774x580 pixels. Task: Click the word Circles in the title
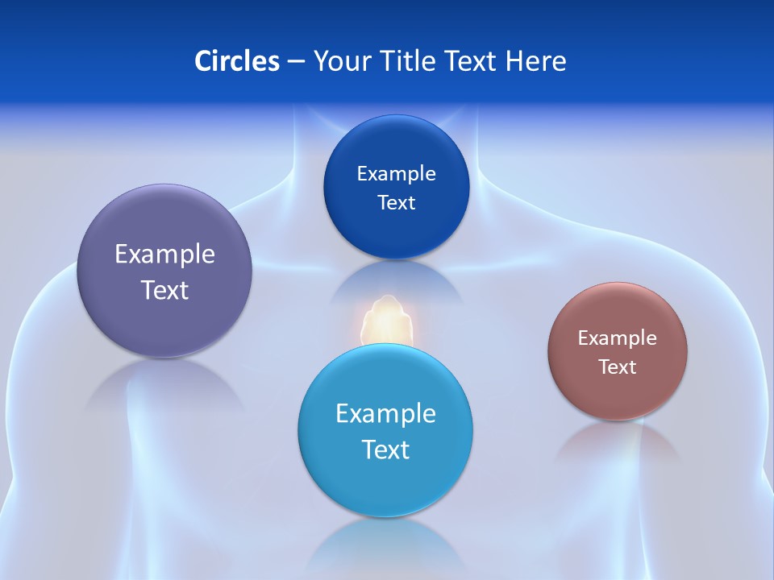pos(237,61)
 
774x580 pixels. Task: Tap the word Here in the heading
pos(536,61)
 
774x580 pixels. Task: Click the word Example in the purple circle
pos(164,255)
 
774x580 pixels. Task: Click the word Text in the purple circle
pos(164,290)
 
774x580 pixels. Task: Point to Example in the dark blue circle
pos(396,174)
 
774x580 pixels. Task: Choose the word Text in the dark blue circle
pos(396,203)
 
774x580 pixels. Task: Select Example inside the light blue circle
pos(385,414)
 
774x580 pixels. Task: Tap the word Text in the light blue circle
pos(385,449)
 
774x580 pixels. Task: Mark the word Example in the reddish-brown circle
pos(618,338)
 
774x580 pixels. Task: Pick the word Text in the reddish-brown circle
pos(618,367)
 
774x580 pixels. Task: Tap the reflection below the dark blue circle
pos(396,282)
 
